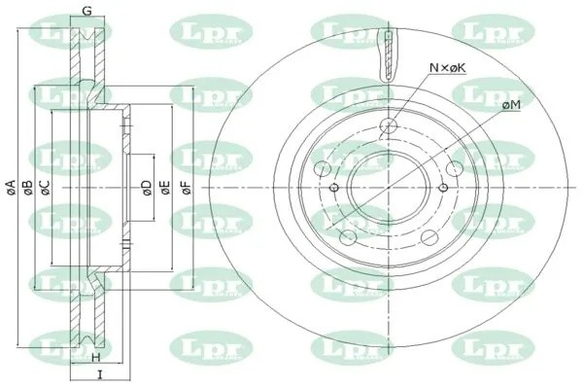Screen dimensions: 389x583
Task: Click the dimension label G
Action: [87, 12]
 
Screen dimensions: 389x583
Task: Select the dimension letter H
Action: [95, 359]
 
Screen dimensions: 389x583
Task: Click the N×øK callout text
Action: [448, 68]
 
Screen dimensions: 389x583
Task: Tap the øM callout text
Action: [511, 104]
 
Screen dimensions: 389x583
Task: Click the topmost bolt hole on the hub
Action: [389, 125]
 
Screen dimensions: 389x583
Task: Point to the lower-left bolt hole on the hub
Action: [347, 236]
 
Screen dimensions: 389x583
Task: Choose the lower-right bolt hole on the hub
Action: [430, 236]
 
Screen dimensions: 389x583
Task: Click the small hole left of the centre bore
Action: [334, 187]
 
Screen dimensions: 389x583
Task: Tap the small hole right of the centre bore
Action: [443, 187]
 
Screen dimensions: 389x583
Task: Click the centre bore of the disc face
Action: [389, 187]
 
